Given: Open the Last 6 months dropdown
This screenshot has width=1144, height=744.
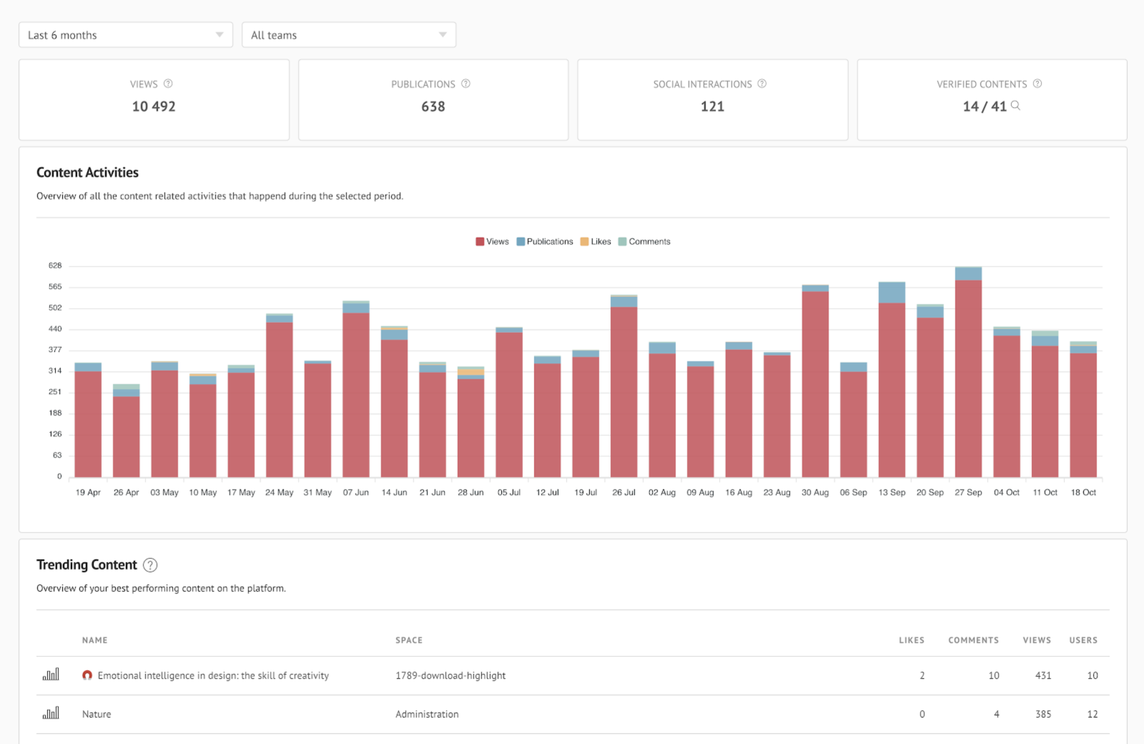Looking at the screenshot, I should coord(126,35).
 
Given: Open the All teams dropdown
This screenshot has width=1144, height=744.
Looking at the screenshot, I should coord(349,35).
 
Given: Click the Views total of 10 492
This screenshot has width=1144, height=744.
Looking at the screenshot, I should coord(154,106).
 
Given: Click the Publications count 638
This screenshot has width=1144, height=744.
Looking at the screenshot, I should coord(433,106).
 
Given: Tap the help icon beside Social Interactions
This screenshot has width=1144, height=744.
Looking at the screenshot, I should coord(762,84).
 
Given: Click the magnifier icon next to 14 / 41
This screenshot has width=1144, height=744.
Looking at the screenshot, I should coord(1016,106).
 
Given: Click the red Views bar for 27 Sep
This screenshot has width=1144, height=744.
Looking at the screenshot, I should coord(968,380).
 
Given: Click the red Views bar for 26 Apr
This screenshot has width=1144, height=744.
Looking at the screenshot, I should coord(126,436).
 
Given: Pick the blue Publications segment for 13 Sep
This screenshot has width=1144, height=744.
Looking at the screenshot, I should coord(892,292).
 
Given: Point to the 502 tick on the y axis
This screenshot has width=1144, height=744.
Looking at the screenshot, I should coord(55,308).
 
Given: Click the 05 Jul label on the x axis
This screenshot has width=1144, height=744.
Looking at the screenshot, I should coord(509,492).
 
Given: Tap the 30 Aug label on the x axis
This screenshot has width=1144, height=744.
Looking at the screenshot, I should coord(815,492).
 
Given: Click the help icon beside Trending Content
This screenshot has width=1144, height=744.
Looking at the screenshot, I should coord(150,565).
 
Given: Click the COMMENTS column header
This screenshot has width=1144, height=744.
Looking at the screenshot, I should coord(973,640).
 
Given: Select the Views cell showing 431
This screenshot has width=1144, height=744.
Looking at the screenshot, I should coord(1042,675).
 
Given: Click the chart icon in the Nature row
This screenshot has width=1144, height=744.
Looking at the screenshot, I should coord(51,714).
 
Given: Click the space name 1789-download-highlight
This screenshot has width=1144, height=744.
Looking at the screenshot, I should coord(450,675).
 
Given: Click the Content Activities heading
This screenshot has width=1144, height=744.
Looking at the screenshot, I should coord(88,173).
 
